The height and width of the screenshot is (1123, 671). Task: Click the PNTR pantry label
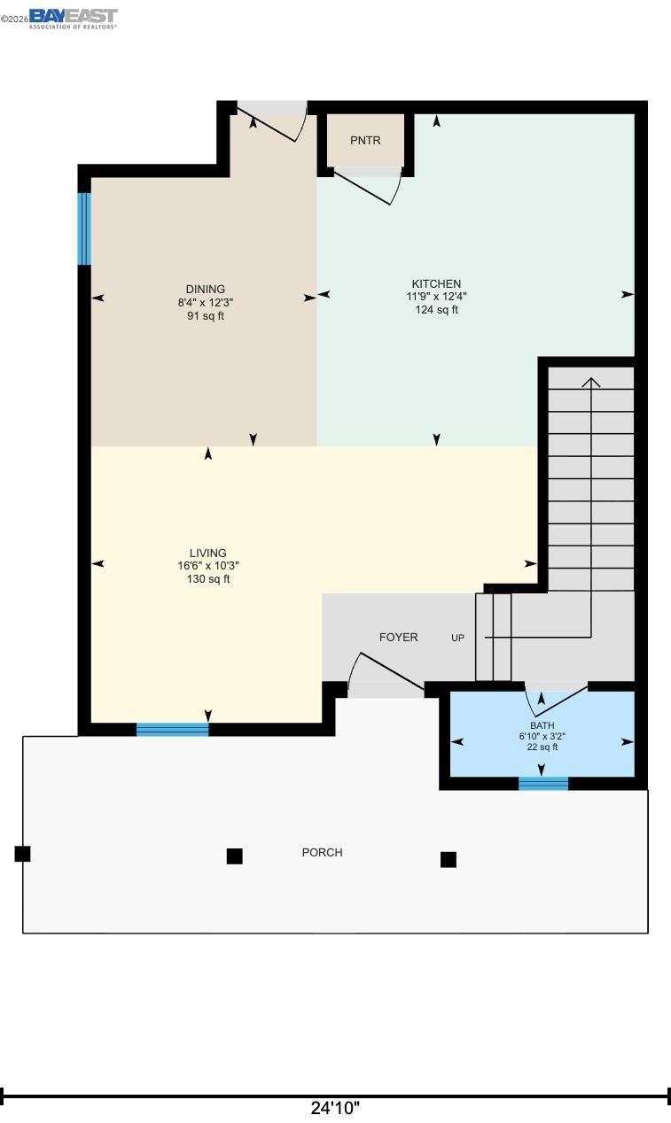click(365, 140)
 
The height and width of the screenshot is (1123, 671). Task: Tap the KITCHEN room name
click(436, 283)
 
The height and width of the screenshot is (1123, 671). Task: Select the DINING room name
click(206, 290)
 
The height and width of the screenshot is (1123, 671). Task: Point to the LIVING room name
click(207, 553)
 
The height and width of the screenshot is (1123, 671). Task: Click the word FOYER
click(399, 637)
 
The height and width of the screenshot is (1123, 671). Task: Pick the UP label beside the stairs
click(457, 638)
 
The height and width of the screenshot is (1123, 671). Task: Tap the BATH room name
click(542, 725)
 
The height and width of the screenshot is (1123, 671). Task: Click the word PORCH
click(322, 852)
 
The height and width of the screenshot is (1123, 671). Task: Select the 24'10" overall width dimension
click(335, 1107)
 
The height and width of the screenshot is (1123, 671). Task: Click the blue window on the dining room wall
click(84, 228)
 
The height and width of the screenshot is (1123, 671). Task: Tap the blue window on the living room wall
click(173, 730)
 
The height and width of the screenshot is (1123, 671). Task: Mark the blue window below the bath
click(543, 784)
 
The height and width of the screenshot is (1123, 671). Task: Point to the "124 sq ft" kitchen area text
click(437, 310)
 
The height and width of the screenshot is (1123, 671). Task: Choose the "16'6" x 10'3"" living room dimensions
click(207, 566)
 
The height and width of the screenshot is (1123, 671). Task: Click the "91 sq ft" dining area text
click(206, 316)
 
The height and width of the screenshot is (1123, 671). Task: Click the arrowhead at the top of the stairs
click(591, 382)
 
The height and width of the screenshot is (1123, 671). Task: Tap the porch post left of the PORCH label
click(234, 856)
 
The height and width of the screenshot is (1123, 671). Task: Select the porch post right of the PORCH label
click(449, 859)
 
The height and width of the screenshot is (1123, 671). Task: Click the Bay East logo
click(73, 19)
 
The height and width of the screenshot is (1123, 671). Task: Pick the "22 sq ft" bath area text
click(542, 747)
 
